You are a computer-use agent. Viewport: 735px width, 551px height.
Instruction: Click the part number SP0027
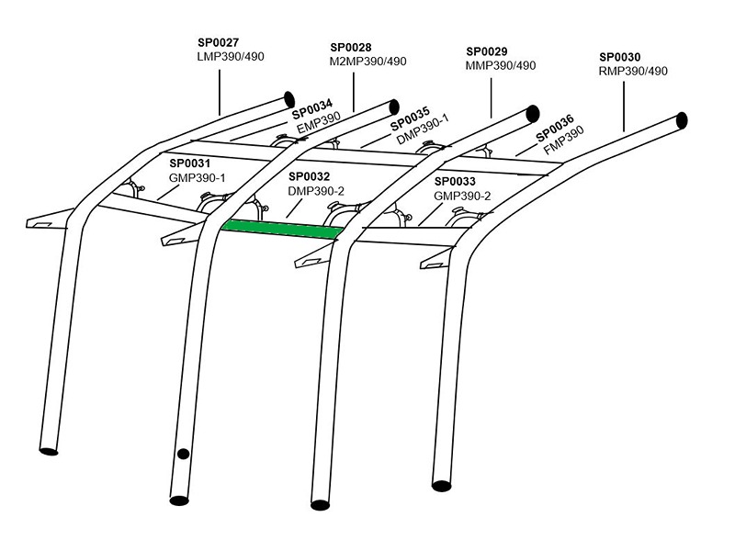(219, 41)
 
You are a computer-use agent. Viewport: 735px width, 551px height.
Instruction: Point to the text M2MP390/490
(367, 62)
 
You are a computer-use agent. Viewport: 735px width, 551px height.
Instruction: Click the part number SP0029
(487, 51)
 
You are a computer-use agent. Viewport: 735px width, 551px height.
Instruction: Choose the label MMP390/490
(502, 66)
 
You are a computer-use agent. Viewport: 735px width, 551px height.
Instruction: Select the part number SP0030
(619, 56)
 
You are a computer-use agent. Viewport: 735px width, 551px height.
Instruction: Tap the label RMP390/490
(633, 71)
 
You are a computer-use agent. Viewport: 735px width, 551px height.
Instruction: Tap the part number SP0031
(190, 163)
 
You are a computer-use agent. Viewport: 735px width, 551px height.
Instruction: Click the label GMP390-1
(198, 176)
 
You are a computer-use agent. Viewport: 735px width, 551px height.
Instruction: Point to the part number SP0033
(454, 181)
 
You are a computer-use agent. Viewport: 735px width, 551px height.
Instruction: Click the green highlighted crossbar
(280, 230)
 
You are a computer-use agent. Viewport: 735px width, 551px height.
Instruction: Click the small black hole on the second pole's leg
(183, 453)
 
